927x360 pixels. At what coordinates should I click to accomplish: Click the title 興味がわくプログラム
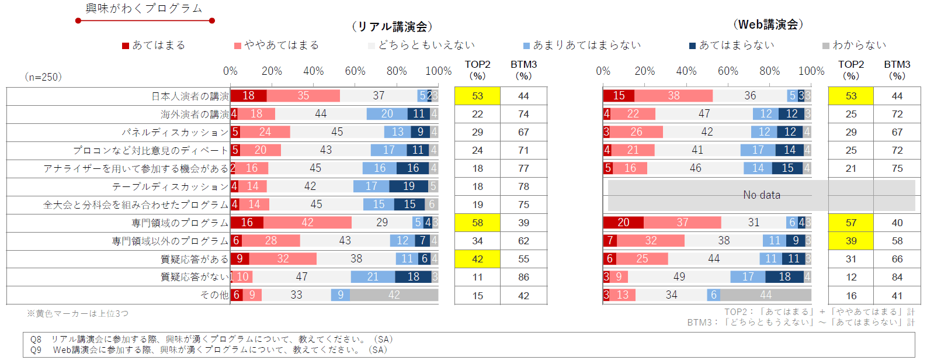point(144,9)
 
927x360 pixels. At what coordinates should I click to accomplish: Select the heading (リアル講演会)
point(392,27)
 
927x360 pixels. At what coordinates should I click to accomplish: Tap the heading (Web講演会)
point(768,25)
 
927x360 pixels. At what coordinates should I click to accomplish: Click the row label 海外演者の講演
point(195,115)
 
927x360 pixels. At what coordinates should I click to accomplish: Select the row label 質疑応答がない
point(195,277)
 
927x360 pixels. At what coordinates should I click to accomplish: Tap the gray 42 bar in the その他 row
point(394,295)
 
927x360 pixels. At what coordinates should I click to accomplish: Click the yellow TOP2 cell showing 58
point(477,223)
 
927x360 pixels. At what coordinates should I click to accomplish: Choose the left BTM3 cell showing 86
point(523,278)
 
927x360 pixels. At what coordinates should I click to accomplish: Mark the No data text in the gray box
point(761,195)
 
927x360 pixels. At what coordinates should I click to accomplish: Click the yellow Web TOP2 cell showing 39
point(850,241)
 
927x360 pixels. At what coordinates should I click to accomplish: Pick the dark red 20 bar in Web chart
point(623,223)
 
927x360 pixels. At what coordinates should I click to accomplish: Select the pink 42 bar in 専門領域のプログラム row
point(307,223)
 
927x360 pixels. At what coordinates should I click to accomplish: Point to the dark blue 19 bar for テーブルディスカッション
point(408,186)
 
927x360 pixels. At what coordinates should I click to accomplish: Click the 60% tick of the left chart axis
point(355,71)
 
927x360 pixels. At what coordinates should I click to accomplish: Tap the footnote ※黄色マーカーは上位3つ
point(77,314)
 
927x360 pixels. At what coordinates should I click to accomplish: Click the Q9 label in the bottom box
point(36,350)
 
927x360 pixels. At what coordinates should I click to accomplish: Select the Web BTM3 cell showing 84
point(897,277)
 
